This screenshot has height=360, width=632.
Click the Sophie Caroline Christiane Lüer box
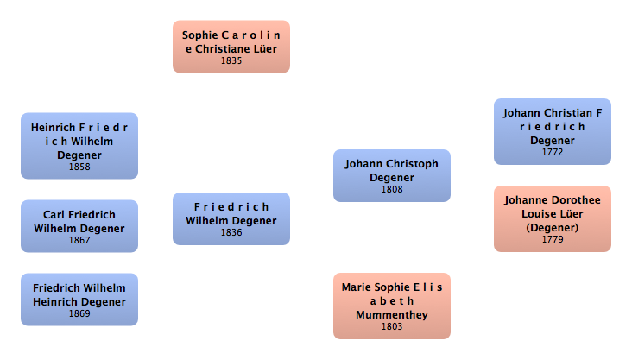231,47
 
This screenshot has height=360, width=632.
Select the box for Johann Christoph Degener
391,175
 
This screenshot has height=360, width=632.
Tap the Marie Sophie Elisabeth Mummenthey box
391,306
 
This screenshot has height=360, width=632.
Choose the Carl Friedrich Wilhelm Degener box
79,225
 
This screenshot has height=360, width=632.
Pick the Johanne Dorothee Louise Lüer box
552,218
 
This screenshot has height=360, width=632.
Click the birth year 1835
231,61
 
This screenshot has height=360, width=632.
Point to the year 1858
79,167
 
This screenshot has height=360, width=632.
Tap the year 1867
79,241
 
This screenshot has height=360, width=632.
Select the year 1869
79,313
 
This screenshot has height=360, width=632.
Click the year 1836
231,232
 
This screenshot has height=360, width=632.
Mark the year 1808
391,189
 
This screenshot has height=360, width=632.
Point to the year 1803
391,327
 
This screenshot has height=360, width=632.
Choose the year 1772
552,152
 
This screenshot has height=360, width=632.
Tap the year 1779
552,239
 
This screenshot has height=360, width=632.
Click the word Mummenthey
391,315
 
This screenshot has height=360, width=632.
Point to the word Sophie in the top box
201,35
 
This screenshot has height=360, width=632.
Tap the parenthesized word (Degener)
552,227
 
